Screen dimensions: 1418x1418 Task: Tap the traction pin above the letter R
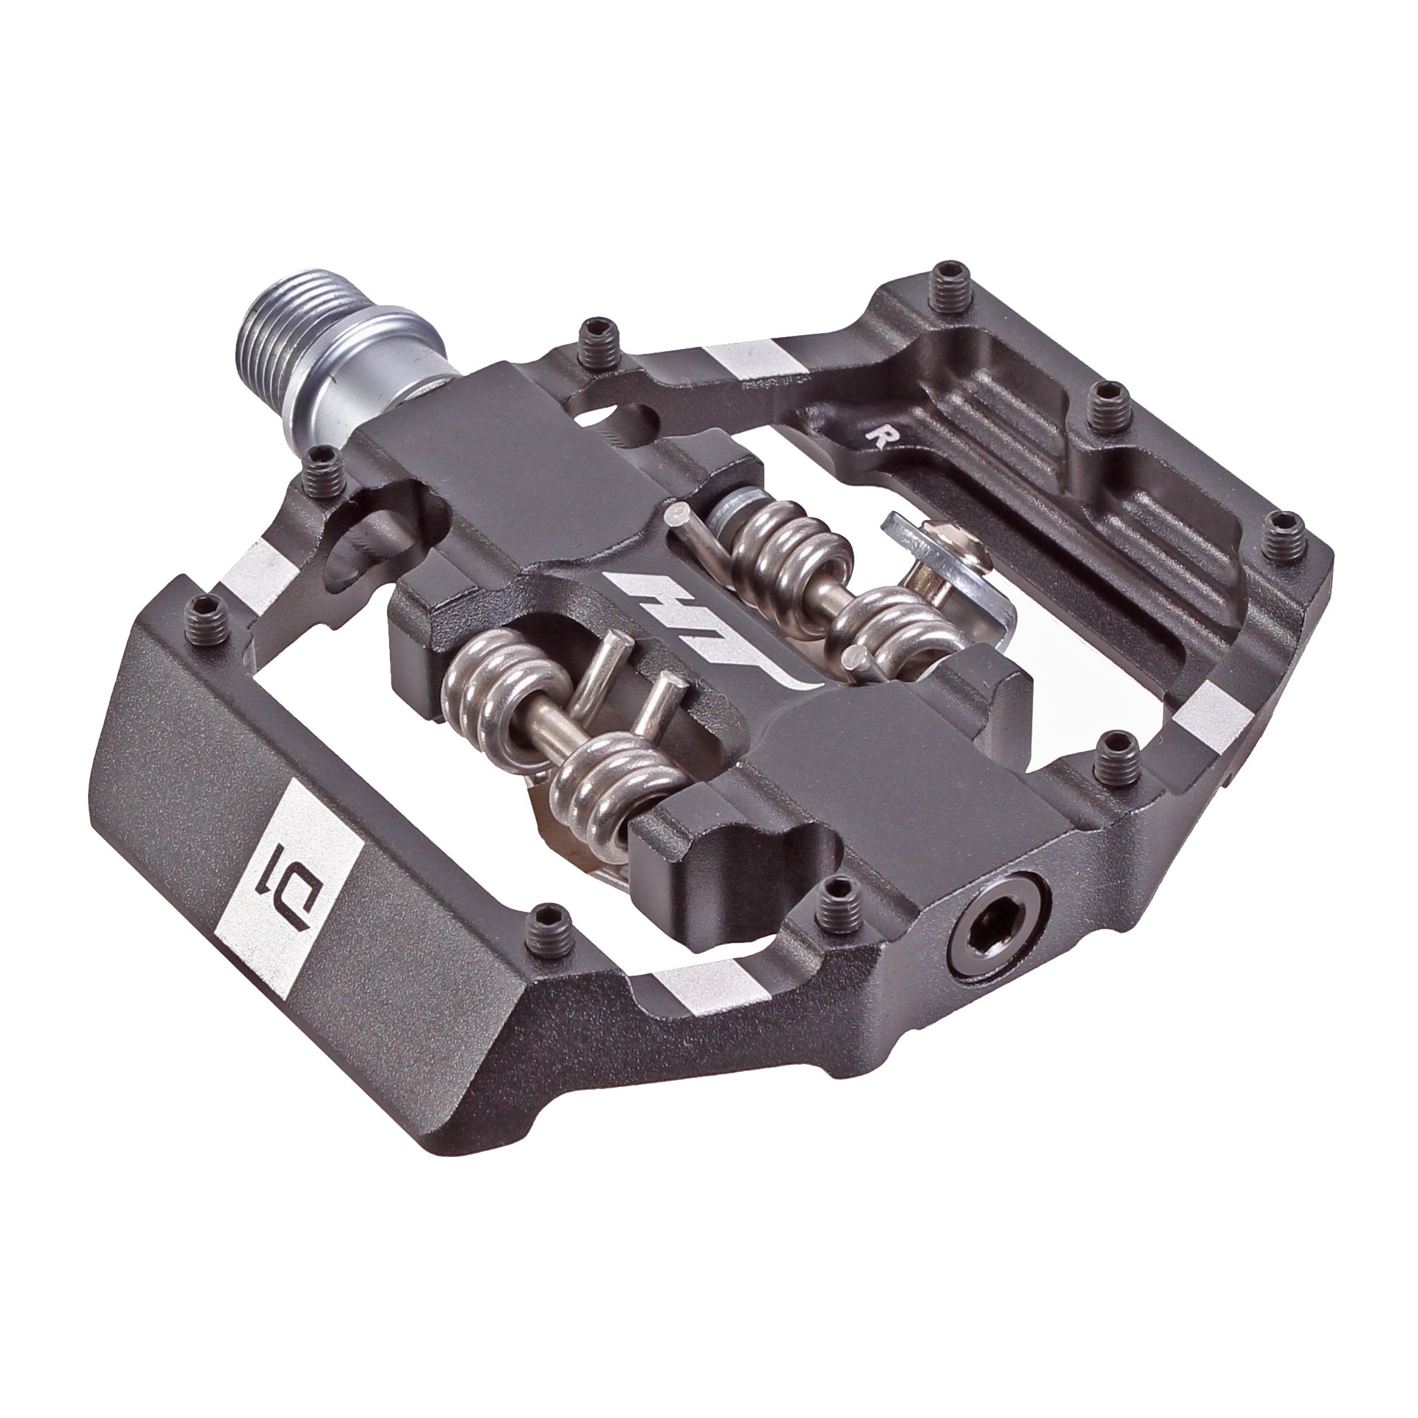[1101, 403]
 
